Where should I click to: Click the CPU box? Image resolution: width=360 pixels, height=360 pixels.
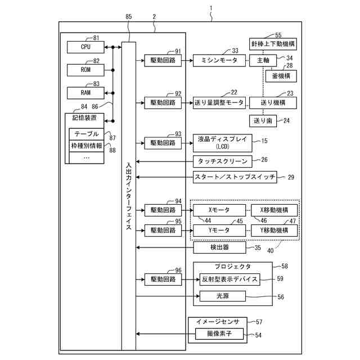(85, 47)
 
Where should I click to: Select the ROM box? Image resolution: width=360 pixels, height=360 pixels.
(85, 70)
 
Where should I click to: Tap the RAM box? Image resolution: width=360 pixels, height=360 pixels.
(85, 93)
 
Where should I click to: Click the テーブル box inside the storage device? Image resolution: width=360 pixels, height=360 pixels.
(86, 134)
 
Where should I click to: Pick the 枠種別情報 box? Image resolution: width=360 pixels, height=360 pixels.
(86, 146)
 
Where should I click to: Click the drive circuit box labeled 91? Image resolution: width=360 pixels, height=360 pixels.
(163, 60)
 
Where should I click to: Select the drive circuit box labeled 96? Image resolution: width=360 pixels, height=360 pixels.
(163, 280)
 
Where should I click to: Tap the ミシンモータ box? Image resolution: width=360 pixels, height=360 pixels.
(219, 60)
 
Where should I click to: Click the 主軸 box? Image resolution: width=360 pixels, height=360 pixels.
(263, 60)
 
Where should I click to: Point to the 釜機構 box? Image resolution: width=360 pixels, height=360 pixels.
(281, 76)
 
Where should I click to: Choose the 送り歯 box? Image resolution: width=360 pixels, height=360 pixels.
(263, 121)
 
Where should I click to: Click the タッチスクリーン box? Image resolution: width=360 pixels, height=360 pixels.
(223, 161)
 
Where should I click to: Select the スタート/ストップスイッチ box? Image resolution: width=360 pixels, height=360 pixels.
(235, 177)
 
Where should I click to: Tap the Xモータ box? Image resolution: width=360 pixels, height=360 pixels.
(219, 210)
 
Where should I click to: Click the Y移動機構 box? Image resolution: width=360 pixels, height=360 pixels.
(274, 230)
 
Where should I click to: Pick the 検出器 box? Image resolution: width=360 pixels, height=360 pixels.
(219, 247)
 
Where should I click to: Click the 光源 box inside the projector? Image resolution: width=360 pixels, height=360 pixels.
(223, 296)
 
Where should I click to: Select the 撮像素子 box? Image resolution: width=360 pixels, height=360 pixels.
(219, 334)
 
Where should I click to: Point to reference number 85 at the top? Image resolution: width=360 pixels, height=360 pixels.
(129, 16)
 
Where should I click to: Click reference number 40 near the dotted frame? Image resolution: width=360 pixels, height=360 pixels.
(271, 250)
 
